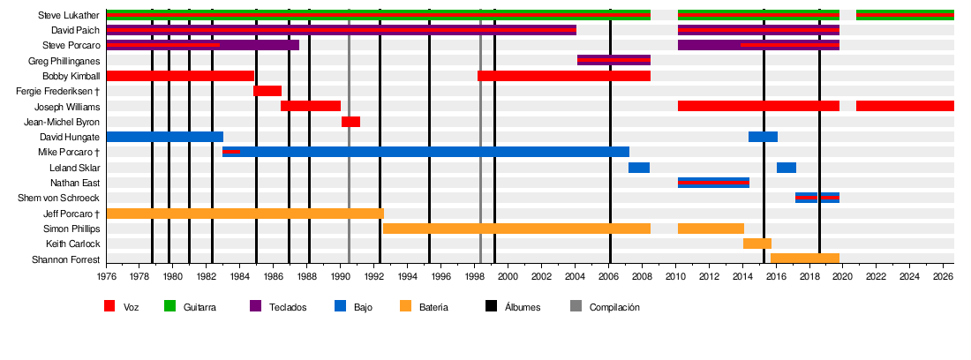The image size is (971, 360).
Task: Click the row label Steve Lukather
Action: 69,15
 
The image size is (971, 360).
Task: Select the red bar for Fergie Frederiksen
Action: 267,91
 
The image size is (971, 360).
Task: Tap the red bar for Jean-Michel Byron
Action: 350,121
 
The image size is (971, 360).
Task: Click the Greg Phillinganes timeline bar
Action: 613,60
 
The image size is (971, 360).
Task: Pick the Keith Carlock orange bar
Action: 757,244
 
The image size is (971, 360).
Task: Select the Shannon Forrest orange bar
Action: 805,259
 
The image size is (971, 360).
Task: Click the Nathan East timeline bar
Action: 713,183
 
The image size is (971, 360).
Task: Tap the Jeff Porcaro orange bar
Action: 245,214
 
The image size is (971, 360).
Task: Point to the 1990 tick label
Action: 341,275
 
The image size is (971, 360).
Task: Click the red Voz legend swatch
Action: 109,307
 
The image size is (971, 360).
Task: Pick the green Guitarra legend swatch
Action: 169,307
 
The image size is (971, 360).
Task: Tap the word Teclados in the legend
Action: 288,307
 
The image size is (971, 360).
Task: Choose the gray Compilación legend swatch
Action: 575,307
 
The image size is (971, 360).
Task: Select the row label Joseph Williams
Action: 67,107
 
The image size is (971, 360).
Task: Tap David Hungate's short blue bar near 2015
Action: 763,137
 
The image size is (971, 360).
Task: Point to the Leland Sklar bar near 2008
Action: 639,168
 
